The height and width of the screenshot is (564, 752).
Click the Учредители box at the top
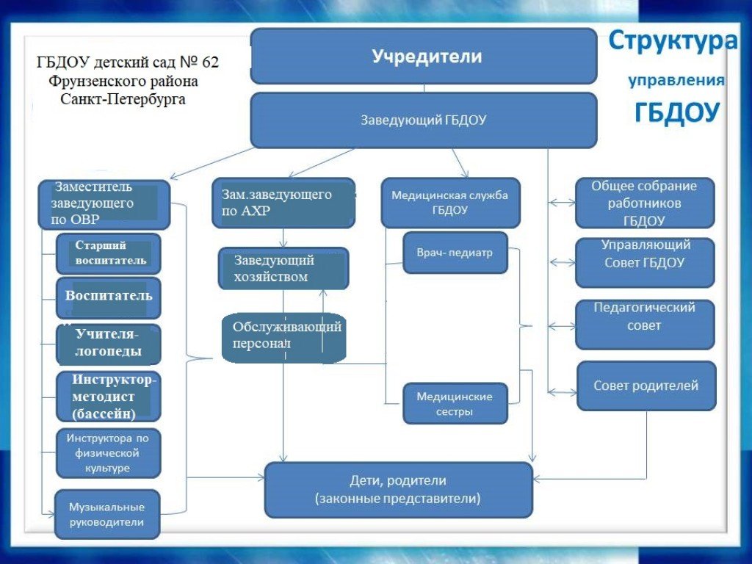coord(424,56)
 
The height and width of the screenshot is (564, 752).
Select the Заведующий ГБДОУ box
coord(424,120)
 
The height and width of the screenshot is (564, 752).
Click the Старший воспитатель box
coord(108,253)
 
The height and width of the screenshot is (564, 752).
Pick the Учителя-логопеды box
coord(108,344)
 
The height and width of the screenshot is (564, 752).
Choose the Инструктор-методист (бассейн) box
coord(108,397)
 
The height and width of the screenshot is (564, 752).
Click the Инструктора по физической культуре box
coord(108,453)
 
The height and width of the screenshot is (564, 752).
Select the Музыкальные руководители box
coord(107,515)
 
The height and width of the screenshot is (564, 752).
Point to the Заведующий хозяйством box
coord(283,269)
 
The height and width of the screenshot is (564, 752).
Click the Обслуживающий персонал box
coord(283,337)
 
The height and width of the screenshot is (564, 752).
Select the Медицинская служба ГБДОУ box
coord(450,203)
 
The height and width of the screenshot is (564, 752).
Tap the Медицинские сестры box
coord(455,403)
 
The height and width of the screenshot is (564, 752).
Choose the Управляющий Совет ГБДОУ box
coord(645,262)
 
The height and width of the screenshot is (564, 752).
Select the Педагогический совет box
coord(645,324)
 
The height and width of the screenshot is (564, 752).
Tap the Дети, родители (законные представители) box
coord(398,490)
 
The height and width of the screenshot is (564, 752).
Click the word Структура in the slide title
coord(672,41)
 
